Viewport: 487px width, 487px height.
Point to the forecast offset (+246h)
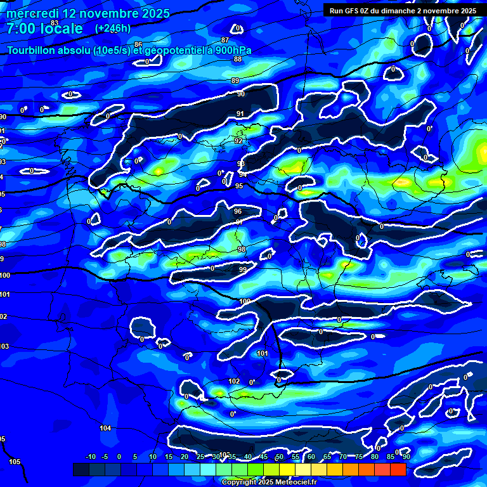click(x=113, y=29)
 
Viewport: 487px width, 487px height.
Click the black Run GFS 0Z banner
click(x=403, y=11)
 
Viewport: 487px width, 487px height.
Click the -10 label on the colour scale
click(x=90, y=457)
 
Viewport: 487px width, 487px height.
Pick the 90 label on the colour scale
click(x=406, y=457)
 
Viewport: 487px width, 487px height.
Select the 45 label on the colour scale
click(x=264, y=457)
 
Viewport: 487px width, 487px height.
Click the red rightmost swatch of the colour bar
click(x=398, y=469)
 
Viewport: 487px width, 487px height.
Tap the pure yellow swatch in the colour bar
click(x=287, y=469)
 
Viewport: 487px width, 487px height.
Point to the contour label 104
click(x=105, y=428)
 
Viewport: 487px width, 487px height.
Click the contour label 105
click(x=15, y=462)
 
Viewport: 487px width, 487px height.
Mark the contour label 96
click(x=238, y=211)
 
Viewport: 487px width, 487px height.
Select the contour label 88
click(x=238, y=59)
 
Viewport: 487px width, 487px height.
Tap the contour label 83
click(x=55, y=23)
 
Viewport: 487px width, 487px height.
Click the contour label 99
click(x=243, y=269)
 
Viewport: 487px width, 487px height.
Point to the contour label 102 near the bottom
click(x=234, y=381)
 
